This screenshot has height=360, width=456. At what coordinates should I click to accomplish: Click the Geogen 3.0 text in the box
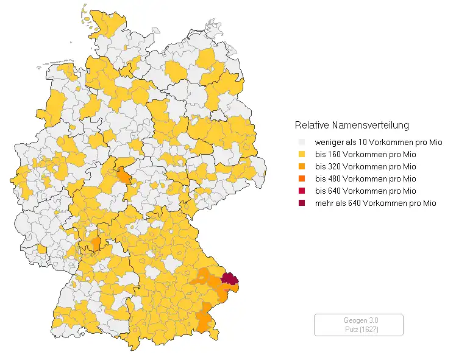point(358,320)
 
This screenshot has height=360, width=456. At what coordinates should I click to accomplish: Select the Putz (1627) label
point(358,329)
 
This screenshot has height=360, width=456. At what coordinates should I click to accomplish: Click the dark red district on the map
point(229,279)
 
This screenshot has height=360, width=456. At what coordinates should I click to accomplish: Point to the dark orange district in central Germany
point(124,177)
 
